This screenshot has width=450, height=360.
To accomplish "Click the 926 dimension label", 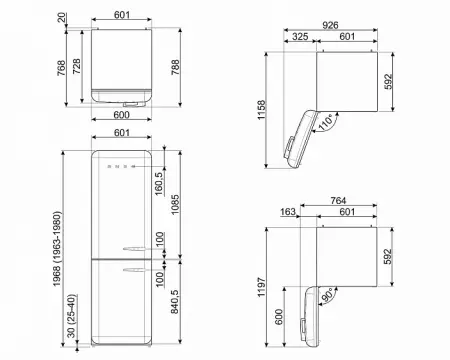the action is [330, 25].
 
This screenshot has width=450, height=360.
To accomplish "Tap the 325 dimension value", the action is [300, 36].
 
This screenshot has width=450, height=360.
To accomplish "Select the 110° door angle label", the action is [326, 122].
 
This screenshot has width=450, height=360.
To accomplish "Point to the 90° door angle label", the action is [327, 295].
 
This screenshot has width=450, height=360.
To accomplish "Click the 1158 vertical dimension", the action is [261, 110].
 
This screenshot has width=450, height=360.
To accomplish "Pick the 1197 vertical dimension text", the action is [261, 287].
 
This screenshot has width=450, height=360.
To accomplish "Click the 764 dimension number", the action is [338, 201].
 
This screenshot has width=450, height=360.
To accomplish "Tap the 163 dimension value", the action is [287, 212].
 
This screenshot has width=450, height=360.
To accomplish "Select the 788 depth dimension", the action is [175, 67].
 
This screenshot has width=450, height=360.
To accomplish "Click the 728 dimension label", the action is [76, 66].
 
